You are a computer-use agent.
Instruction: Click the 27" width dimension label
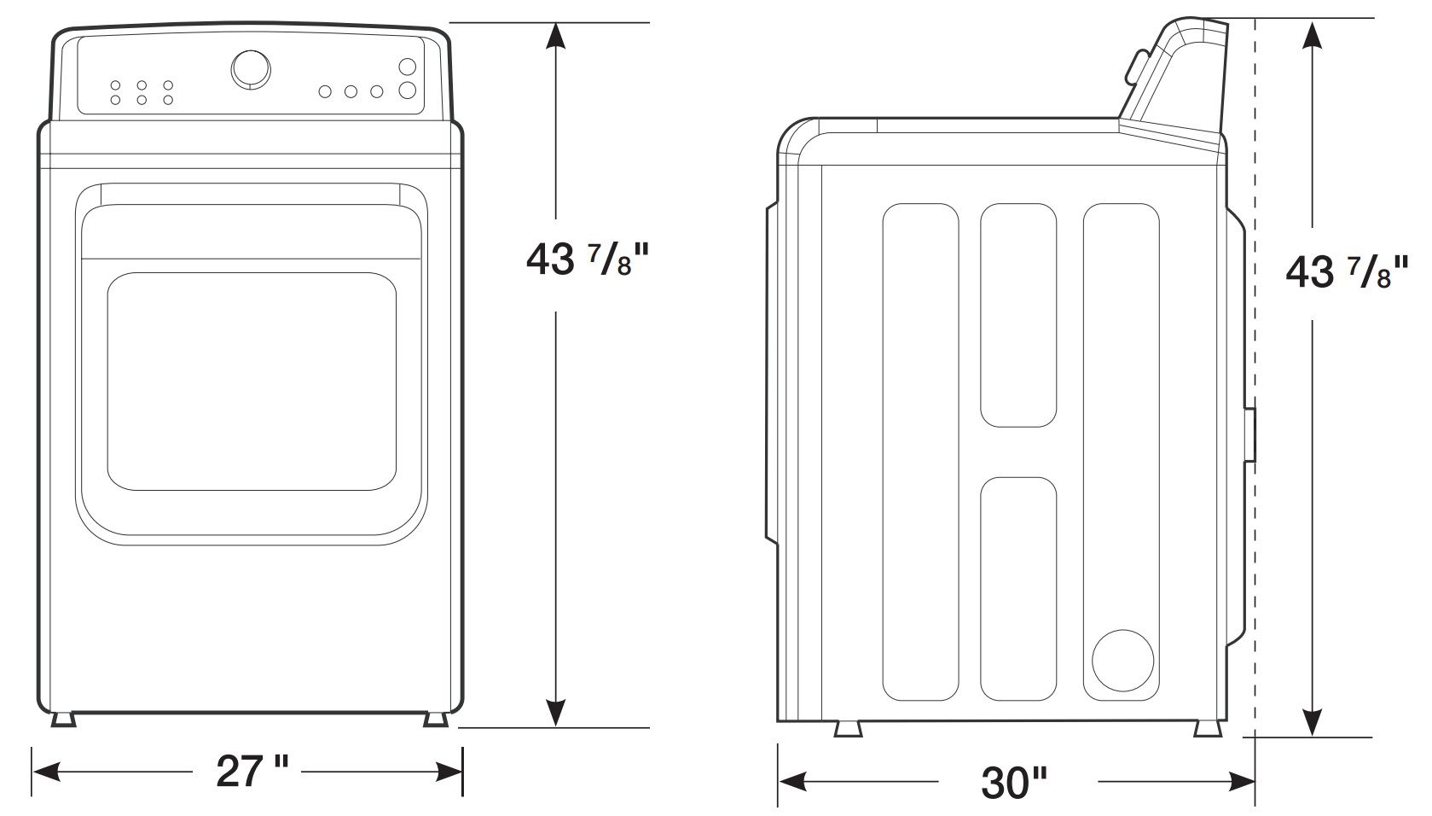tap(251, 772)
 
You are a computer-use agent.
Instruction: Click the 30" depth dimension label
tap(1014, 782)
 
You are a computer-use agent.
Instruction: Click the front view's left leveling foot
tap(63, 719)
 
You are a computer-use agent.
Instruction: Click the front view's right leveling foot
tap(435, 719)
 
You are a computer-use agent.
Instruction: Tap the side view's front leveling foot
tap(848, 729)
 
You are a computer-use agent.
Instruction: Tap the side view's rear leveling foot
tap(1207, 729)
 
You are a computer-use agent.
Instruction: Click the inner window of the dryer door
tap(252, 382)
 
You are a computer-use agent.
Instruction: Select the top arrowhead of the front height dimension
tap(555, 38)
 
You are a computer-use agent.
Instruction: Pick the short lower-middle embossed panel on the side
tap(1018, 589)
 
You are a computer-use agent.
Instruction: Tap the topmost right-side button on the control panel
tap(408, 67)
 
